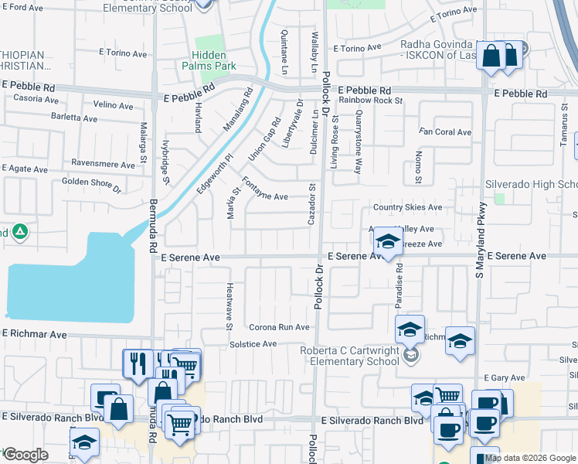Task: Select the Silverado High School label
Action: tap(531, 184)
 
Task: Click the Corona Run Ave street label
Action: tap(279, 327)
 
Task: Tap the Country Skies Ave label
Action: tap(407, 207)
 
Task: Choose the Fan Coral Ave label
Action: tap(444, 132)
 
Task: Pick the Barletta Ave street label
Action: tap(70, 118)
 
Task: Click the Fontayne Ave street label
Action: tap(265, 189)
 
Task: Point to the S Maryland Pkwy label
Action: tap(481, 240)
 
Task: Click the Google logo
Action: tap(25, 455)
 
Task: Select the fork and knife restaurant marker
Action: tap(138, 363)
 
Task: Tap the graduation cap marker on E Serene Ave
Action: tap(388, 242)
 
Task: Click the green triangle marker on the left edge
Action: tap(19, 231)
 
